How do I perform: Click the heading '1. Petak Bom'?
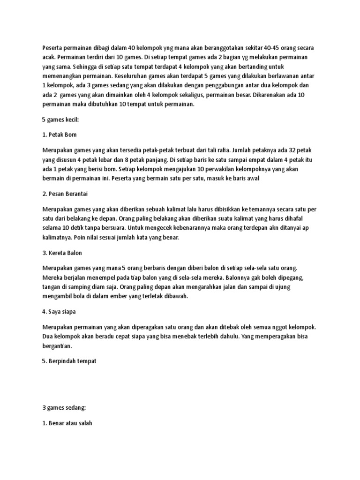[59, 135]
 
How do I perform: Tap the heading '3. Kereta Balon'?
[62, 253]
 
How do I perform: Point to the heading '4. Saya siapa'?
[60, 311]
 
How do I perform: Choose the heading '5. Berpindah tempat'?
[69, 361]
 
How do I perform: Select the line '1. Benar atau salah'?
[67, 423]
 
